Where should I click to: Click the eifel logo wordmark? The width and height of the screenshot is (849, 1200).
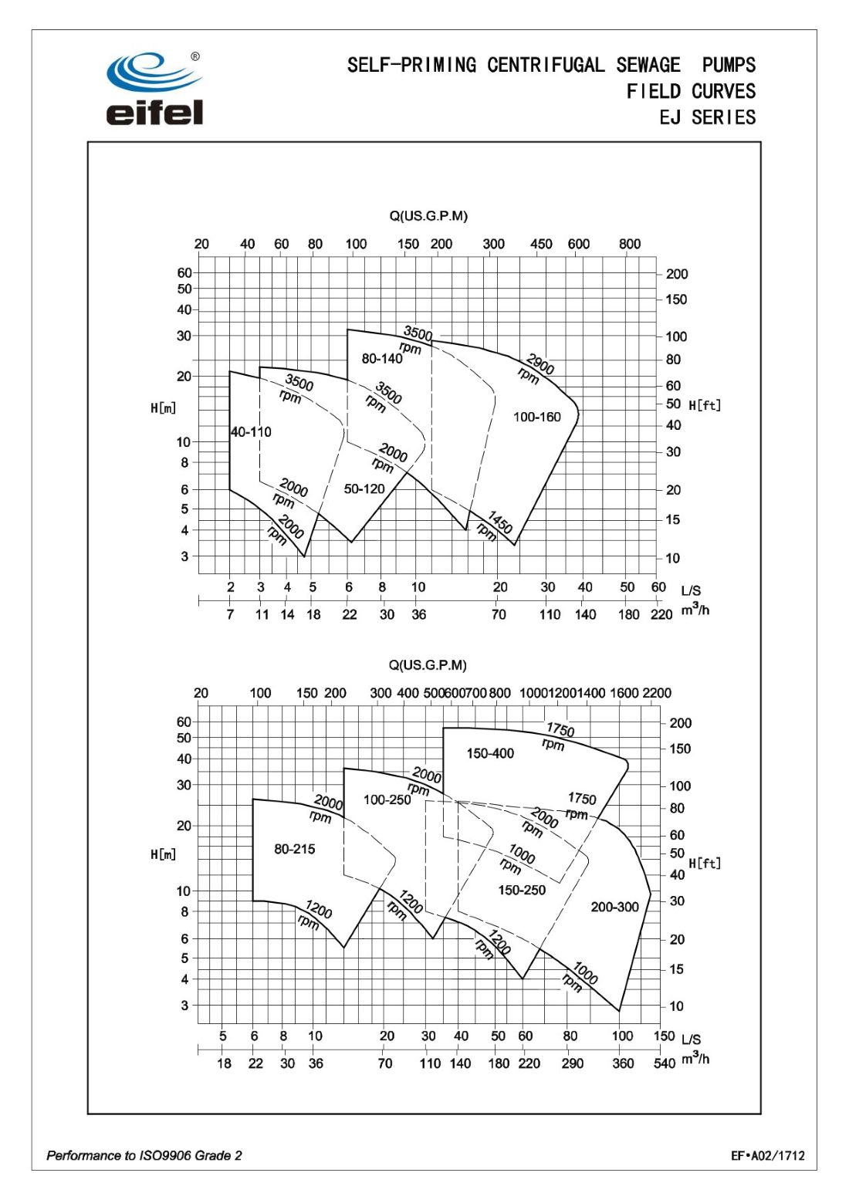[154, 112]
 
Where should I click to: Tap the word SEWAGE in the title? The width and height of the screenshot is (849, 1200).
[648, 65]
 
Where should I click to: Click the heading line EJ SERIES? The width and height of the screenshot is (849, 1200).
[707, 117]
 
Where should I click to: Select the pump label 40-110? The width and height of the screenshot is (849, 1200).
[251, 432]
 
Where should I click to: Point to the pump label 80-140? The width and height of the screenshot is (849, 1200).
[382, 359]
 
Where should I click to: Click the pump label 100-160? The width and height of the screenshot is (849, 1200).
[537, 417]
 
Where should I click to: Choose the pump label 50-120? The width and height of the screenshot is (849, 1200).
[364, 489]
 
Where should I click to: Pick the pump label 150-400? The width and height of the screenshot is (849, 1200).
[490, 753]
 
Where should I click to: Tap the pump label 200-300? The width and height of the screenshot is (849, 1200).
[615, 907]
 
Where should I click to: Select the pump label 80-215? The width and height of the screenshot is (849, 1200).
[295, 849]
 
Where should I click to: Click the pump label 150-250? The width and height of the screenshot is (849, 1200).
[522, 890]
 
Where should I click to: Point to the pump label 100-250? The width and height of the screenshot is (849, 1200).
[387, 800]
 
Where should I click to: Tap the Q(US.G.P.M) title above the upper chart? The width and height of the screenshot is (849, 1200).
[428, 216]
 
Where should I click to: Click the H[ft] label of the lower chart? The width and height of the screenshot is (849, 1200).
[705, 863]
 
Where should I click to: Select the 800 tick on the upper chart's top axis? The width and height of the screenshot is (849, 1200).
[630, 244]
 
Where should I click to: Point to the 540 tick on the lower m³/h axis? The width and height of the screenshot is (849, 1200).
[665, 1063]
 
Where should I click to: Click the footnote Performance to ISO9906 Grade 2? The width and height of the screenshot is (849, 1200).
[144, 1155]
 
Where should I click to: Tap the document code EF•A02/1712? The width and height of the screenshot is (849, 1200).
[768, 1155]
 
